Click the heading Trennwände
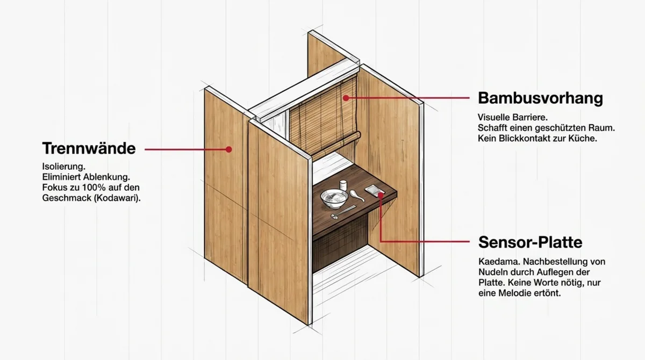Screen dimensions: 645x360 tap(89, 148)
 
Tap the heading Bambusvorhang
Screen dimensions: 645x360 tap(541, 98)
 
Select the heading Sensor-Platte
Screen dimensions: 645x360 tap(531, 242)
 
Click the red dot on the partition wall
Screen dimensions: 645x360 tap(229, 149)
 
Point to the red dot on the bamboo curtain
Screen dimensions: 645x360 tap(346, 98)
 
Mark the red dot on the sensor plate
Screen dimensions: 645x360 tap(381, 196)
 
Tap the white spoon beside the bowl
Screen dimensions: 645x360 tap(357, 196)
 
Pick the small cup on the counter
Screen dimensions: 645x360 tap(343, 185)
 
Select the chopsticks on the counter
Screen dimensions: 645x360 tap(343, 212)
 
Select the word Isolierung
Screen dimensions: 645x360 tap(63, 167)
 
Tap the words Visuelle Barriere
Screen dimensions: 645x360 tap(513, 118)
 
